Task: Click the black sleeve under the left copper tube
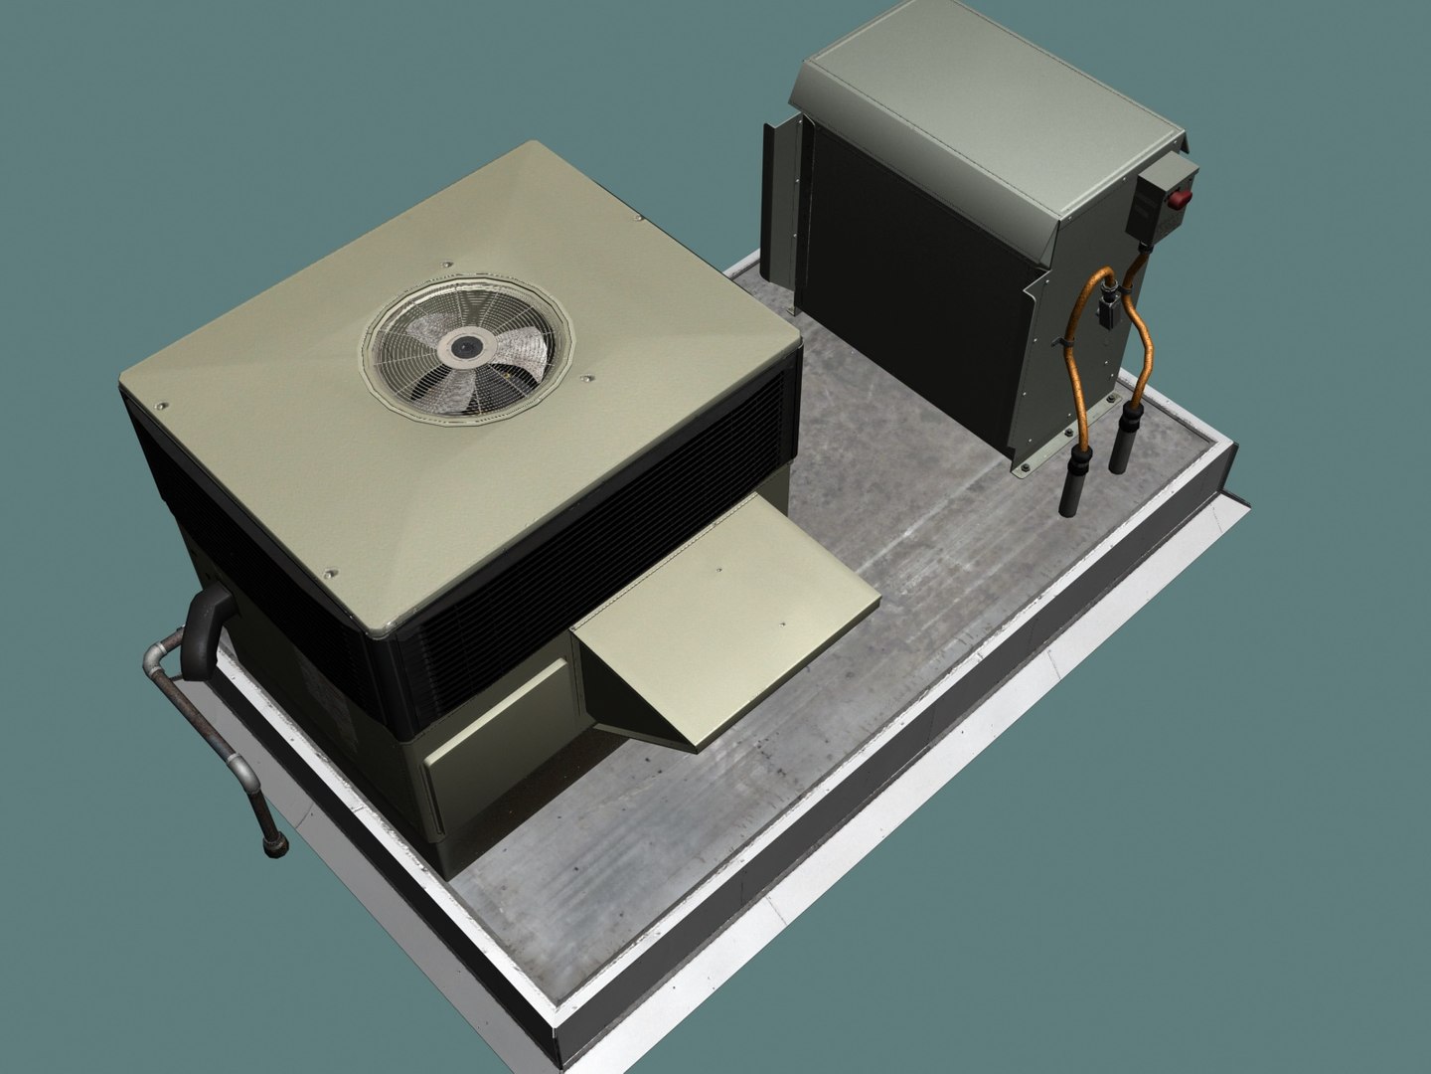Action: click(1074, 486)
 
